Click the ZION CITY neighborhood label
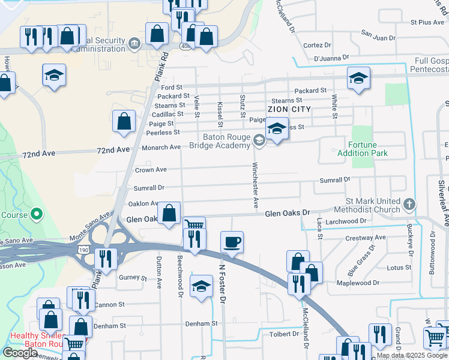point(289,109)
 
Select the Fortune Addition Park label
point(368,149)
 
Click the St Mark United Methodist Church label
point(372,205)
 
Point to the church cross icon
point(409,205)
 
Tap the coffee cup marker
point(232,242)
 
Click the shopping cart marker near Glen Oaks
point(194,226)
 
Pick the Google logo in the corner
point(20,353)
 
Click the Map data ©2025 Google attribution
point(411,355)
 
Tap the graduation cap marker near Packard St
point(358,78)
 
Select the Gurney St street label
point(133,278)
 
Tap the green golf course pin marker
point(36,214)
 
